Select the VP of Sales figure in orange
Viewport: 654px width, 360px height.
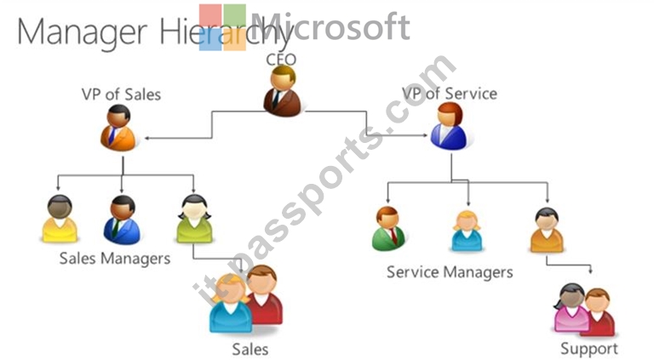[x=118, y=128]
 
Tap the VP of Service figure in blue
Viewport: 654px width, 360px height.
[x=449, y=126]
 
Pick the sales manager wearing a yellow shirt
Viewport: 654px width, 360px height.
[x=60, y=219]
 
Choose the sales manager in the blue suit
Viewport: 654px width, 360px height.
[x=122, y=220]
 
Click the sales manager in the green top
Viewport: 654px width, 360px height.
[x=194, y=219]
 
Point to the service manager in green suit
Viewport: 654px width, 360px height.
[x=388, y=229]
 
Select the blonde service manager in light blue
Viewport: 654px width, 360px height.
[x=467, y=231]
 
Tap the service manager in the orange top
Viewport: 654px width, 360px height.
[x=547, y=230]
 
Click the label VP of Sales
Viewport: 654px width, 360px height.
[x=122, y=94]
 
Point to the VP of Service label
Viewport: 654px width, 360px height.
[x=450, y=94]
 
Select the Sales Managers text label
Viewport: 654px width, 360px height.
[x=115, y=259]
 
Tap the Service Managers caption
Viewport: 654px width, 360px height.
[x=450, y=272]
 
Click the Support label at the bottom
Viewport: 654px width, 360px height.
[x=589, y=349]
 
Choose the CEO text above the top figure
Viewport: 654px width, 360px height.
[x=281, y=60]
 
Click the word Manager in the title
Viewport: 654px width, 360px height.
[x=82, y=32]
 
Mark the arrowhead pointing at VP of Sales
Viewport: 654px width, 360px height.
[x=147, y=138]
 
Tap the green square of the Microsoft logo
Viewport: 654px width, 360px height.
[x=235, y=15]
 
